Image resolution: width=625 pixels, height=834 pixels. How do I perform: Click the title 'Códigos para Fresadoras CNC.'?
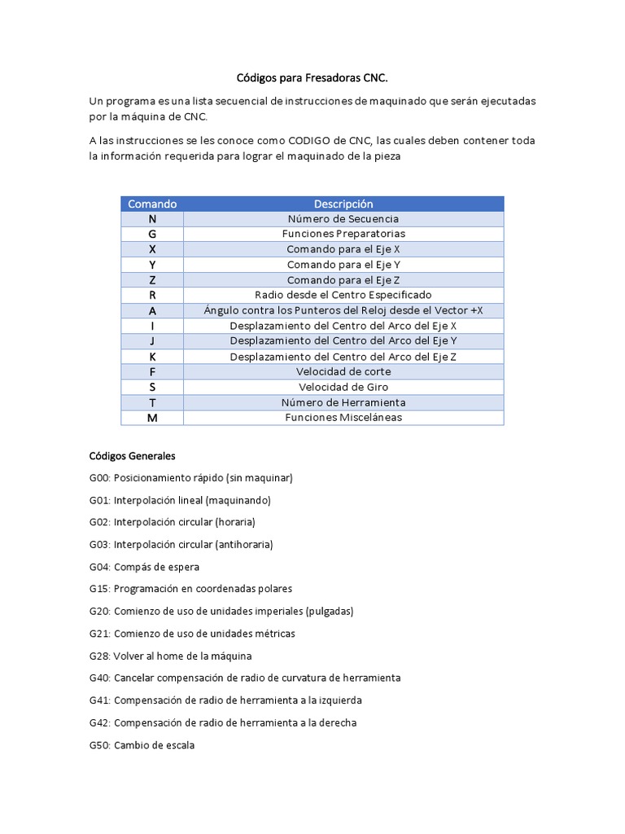[312, 78]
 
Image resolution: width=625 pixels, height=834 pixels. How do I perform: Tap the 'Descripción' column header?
[343, 204]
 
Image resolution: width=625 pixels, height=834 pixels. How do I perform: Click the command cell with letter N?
[152, 219]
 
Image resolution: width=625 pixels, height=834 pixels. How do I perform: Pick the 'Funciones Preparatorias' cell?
[343, 234]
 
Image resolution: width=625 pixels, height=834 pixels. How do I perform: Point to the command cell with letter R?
[152, 295]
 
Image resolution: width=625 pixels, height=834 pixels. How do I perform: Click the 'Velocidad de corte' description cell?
[343, 371]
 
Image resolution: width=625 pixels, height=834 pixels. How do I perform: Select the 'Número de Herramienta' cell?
[343, 402]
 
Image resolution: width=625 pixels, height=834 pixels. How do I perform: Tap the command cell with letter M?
[152, 418]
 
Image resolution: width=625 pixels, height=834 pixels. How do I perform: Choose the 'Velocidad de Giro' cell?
[343, 387]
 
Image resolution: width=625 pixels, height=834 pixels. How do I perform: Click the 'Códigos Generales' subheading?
[132, 455]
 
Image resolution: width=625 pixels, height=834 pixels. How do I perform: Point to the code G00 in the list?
[100, 478]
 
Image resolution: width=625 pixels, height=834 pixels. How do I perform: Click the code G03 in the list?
[100, 544]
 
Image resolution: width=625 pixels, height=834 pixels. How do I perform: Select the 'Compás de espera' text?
[156, 567]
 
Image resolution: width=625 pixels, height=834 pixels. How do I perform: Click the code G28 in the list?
[100, 656]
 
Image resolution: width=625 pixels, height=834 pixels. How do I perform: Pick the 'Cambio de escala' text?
[154, 744]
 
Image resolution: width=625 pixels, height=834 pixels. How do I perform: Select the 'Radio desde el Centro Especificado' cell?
[343, 295]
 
